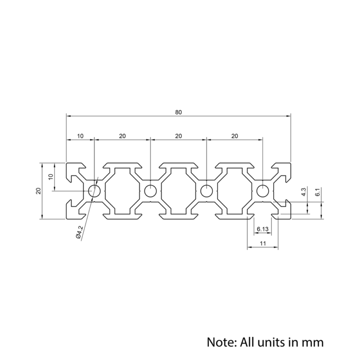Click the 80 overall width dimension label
tap(179, 112)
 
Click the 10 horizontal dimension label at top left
tap(80, 135)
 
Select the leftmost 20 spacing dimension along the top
tap(122, 135)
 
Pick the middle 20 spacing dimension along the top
tap(178, 135)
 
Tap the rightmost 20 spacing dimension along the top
tap(234, 135)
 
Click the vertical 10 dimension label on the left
tap(51, 177)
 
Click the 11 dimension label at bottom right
tap(263, 243)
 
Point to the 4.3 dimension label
tap(304, 192)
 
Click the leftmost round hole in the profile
tap(94, 191)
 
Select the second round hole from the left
tap(151, 191)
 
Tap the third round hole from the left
tap(207, 191)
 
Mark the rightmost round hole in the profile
tap(262, 191)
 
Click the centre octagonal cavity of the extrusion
tap(179, 191)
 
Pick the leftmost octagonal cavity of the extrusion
tap(122, 191)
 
